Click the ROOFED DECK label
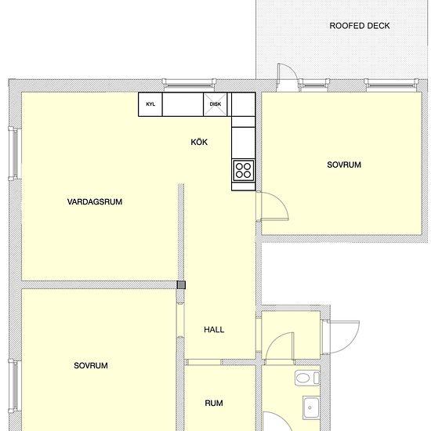click(360, 26)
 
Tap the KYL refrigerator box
click(150, 104)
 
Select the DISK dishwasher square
click(215, 104)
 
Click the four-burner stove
click(243, 170)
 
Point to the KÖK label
click(199, 142)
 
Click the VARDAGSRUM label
click(95, 201)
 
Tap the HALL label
click(214, 330)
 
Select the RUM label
click(214, 404)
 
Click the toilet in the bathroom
click(307, 378)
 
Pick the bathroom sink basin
click(311, 407)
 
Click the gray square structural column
click(181, 284)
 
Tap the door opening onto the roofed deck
click(288, 77)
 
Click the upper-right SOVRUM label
click(344, 165)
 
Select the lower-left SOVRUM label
click(91, 366)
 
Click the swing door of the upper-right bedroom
click(272, 206)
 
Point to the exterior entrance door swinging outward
click(341, 337)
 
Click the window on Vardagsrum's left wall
click(14, 154)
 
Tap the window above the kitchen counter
click(189, 84)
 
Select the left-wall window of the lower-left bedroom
click(14, 386)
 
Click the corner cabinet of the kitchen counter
click(243, 104)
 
